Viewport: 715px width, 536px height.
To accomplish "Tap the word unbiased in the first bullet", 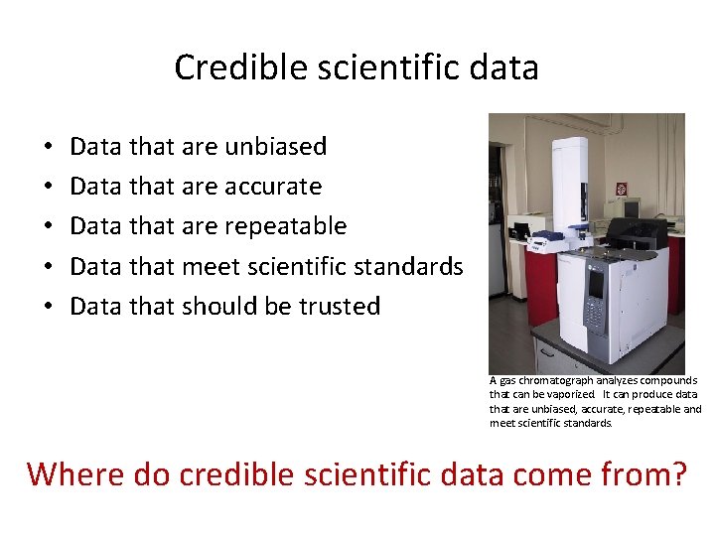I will tap(276, 147).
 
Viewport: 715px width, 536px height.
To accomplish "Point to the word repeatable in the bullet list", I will tap(285, 226).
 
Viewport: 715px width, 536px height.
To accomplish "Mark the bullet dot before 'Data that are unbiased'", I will tap(49, 148).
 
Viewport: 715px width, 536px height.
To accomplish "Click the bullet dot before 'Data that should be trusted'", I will tap(49, 307).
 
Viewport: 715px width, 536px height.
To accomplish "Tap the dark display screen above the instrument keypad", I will tap(597, 283).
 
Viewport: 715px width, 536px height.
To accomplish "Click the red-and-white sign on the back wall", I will tap(622, 189).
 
